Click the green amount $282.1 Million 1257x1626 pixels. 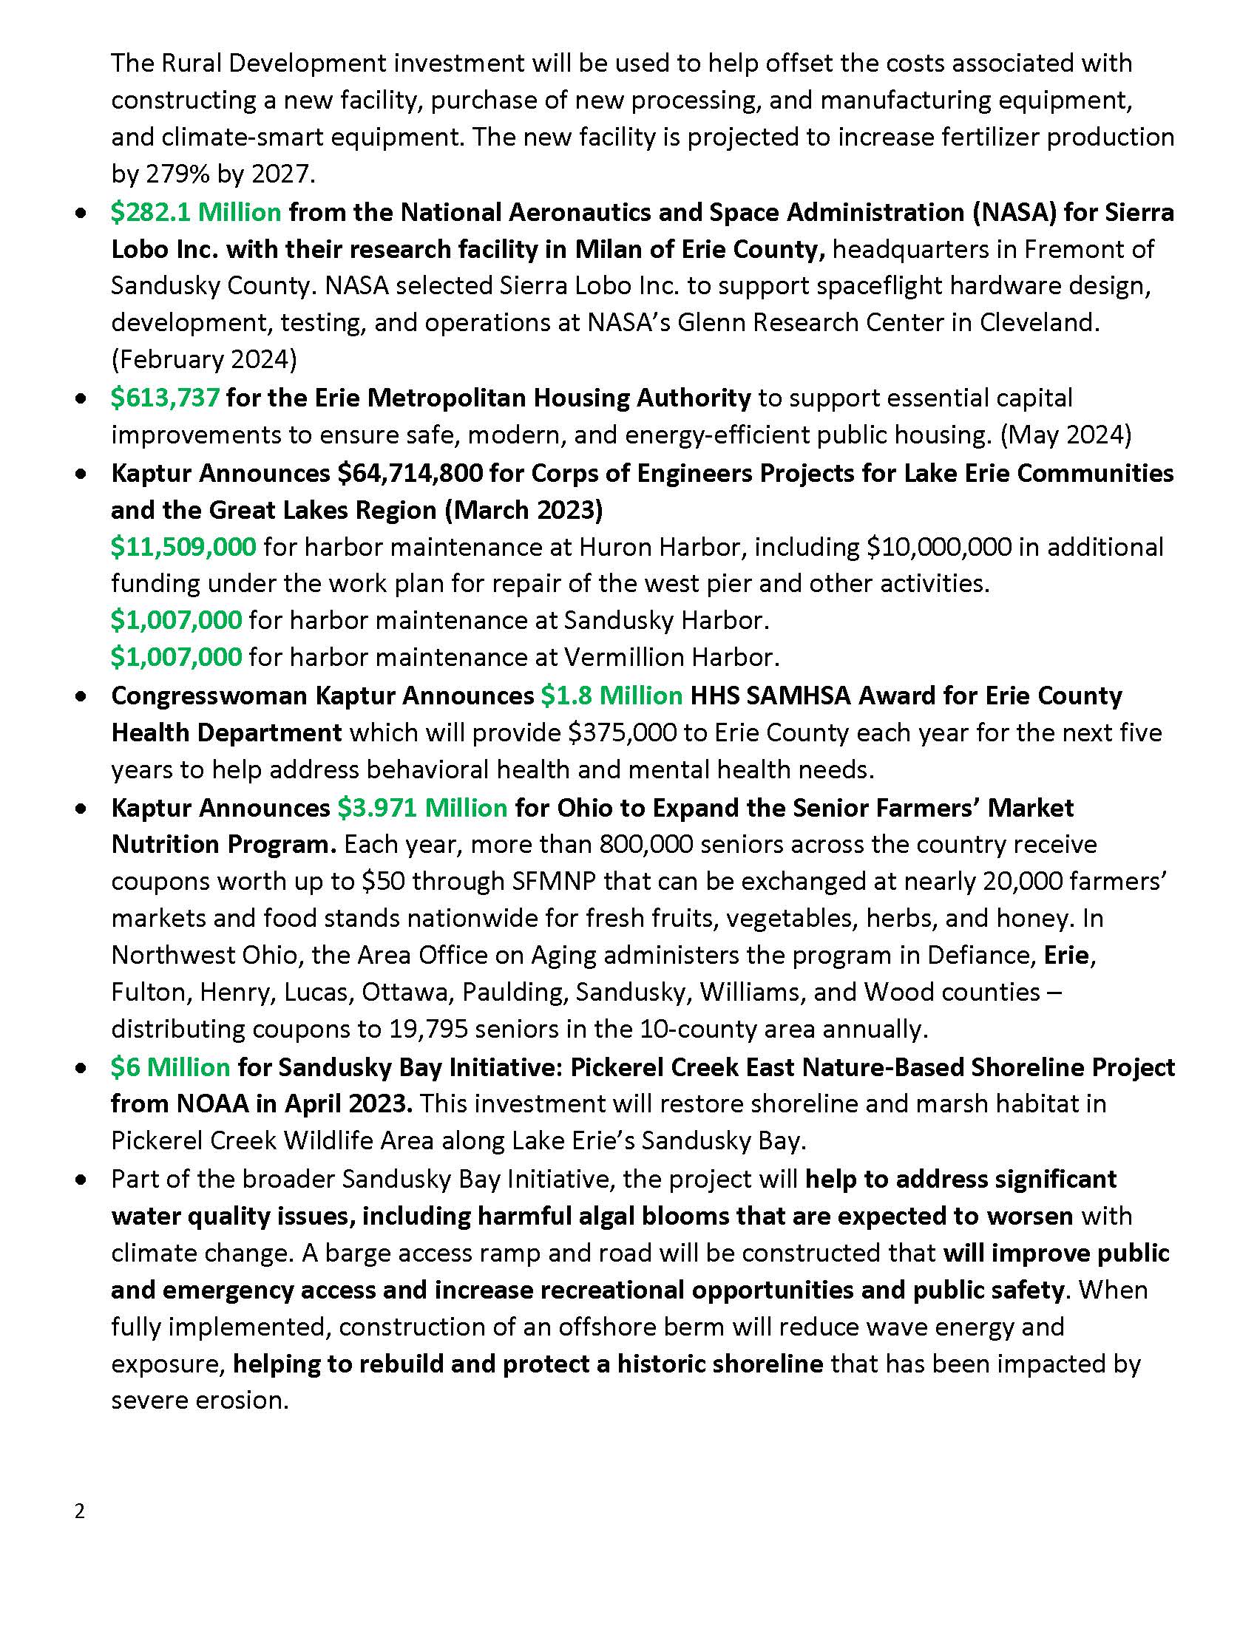[196, 213]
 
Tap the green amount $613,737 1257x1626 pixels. [166, 398]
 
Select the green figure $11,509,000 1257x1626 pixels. [183, 547]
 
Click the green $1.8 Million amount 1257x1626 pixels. [611, 695]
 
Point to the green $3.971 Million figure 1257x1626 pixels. [422, 808]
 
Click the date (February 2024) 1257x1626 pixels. [204, 361]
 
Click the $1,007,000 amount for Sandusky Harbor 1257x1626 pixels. [177, 620]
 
